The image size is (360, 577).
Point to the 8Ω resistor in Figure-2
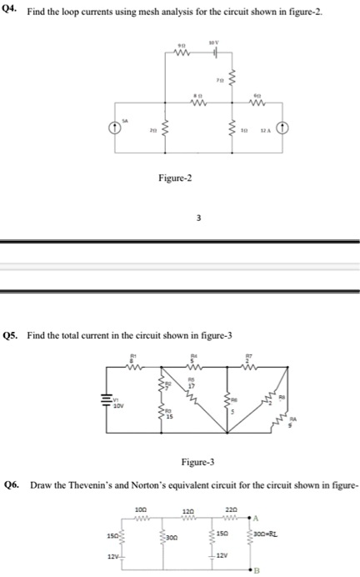pos(197,104)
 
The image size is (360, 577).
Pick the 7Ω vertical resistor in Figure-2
pos(230,81)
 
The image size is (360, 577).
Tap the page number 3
pos(197,218)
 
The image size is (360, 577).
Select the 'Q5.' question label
pos(12,335)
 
